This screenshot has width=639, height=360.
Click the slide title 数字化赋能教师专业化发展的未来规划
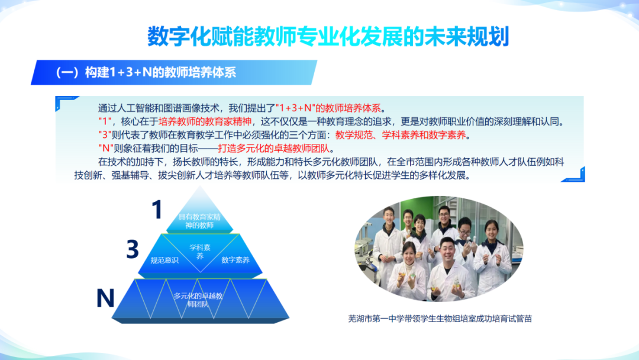tap(328, 37)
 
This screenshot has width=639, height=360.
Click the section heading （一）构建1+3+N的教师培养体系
tap(146, 73)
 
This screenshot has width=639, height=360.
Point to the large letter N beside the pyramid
tap(105, 298)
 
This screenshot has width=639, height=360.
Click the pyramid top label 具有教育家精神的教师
tap(199, 221)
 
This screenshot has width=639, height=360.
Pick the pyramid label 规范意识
tap(164, 260)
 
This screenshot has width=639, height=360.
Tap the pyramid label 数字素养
tap(235, 260)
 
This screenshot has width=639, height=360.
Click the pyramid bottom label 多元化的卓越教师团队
tap(198, 300)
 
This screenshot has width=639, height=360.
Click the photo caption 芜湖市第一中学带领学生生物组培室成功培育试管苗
tap(440, 319)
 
